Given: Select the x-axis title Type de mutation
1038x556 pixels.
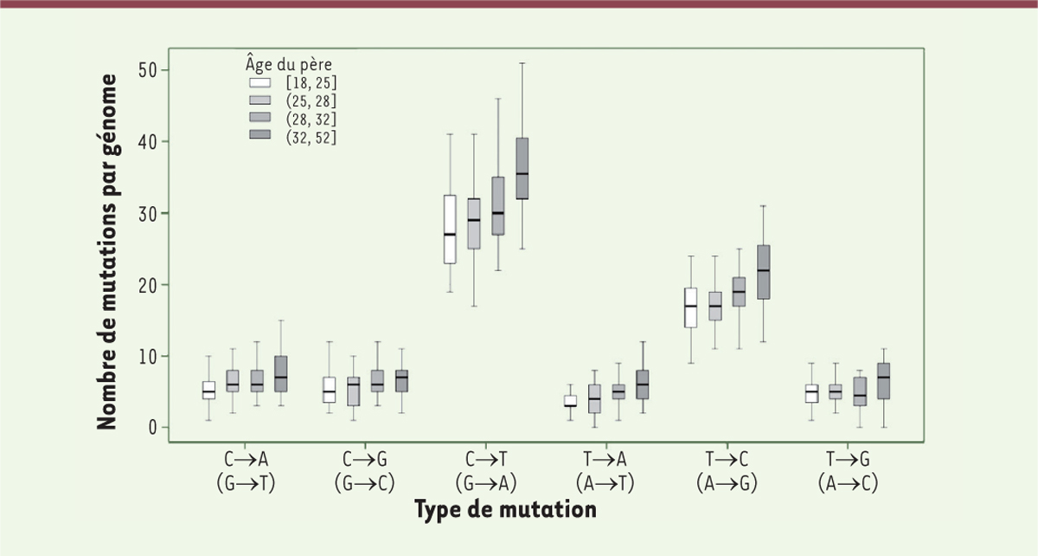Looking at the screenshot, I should tap(506, 510).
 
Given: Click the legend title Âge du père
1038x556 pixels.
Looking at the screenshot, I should tap(285, 63).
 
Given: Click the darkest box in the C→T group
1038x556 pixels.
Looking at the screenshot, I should tap(522, 169).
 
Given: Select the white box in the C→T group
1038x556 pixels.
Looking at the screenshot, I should tap(450, 230).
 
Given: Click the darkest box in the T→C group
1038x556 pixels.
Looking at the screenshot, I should tap(763, 272).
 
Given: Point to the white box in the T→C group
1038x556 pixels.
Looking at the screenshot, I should tap(690, 307).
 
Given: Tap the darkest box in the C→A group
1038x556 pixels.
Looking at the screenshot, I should tap(280, 374).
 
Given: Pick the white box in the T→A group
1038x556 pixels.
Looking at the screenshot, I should tap(570, 401).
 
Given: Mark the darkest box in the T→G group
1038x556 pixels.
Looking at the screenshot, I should tap(883, 380).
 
